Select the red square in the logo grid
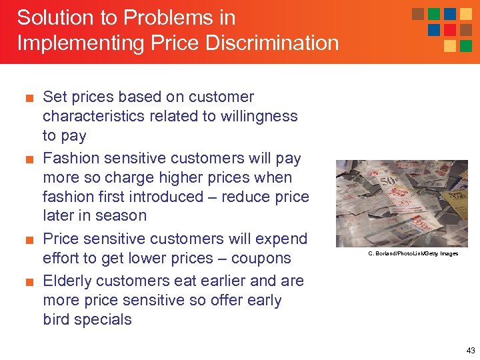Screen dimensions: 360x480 coord(450,30)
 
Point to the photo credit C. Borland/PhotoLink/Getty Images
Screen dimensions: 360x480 coord(413,253)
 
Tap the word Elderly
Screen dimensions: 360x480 coord(69,281)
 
